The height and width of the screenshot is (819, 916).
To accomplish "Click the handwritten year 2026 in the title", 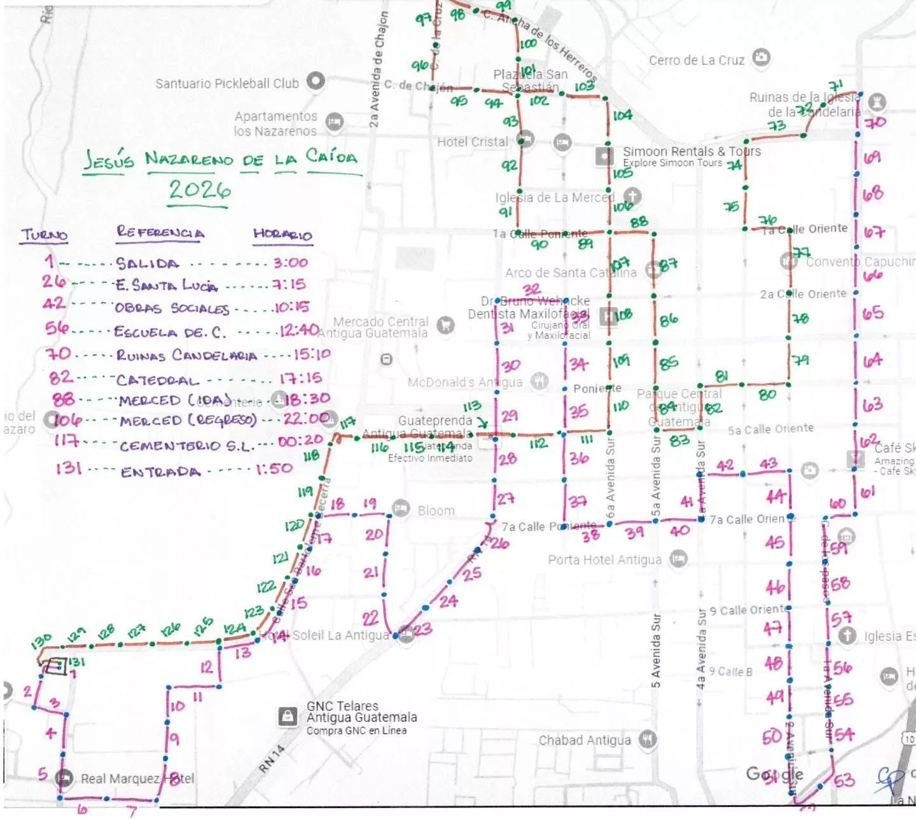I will click(x=199, y=190).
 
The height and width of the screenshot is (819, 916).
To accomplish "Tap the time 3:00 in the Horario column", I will click(x=290, y=263).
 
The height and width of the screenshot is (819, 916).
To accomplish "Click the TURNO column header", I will click(x=45, y=235).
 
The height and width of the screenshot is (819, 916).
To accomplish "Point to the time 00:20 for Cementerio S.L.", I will click(x=300, y=441).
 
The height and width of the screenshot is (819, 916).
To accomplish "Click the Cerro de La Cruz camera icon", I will click(x=761, y=58).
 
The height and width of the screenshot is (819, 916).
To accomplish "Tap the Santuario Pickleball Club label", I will click(x=226, y=83).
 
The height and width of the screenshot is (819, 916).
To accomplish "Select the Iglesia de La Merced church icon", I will click(x=631, y=195).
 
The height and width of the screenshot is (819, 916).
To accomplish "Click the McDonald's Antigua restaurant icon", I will click(x=539, y=381).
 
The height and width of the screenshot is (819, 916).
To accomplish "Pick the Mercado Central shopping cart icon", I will click(x=446, y=325).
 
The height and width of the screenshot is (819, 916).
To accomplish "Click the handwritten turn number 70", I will click(x=875, y=121).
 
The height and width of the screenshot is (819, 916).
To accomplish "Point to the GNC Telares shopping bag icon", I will click(x=288, y=717).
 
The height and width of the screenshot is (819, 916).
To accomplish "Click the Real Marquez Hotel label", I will click(x=137, y=778).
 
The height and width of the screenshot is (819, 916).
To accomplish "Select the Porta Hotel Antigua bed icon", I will click(x=679, y=559).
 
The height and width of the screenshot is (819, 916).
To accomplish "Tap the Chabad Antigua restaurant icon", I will click(x=647, y=739).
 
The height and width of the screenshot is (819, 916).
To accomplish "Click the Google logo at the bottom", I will click(x=774, y=774).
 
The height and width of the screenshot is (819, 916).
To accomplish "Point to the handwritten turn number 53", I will click(x=843, y=780).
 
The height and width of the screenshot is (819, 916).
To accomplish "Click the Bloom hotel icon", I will click(x=401, y=508).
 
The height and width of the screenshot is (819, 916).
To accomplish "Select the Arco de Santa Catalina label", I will click(x=570, y=273).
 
